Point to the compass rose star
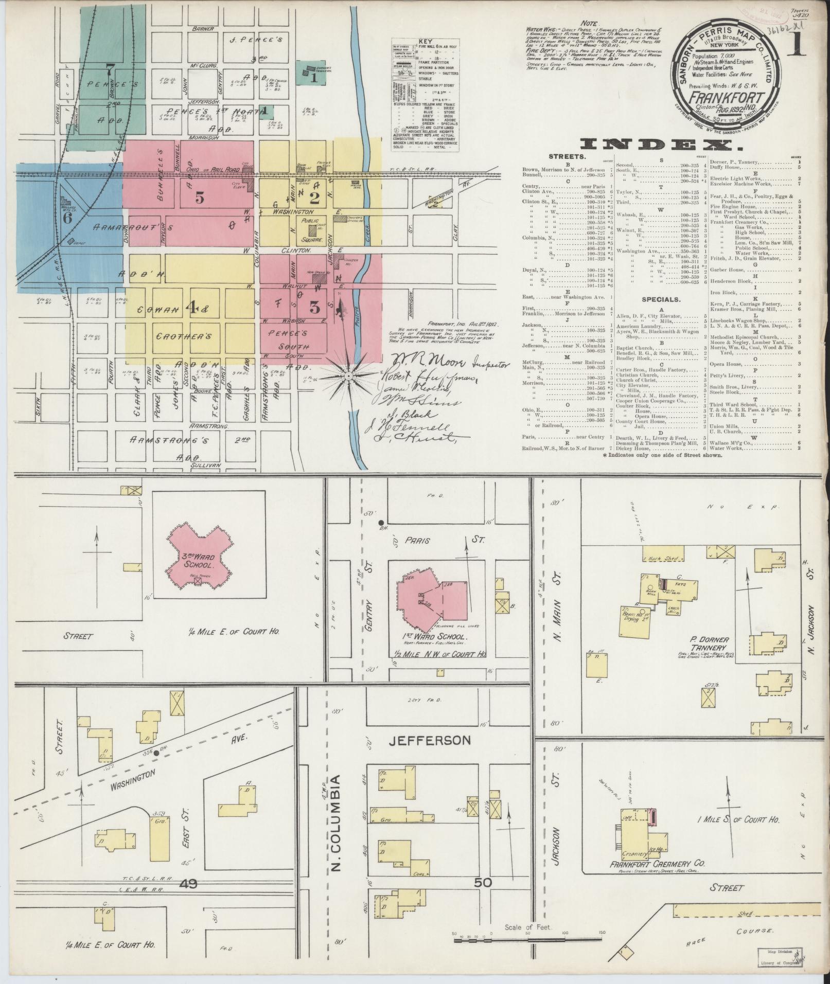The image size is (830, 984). tap(348, 377)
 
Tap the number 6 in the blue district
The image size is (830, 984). tap(67, 217)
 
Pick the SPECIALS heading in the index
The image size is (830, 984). tap(661, 299)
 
